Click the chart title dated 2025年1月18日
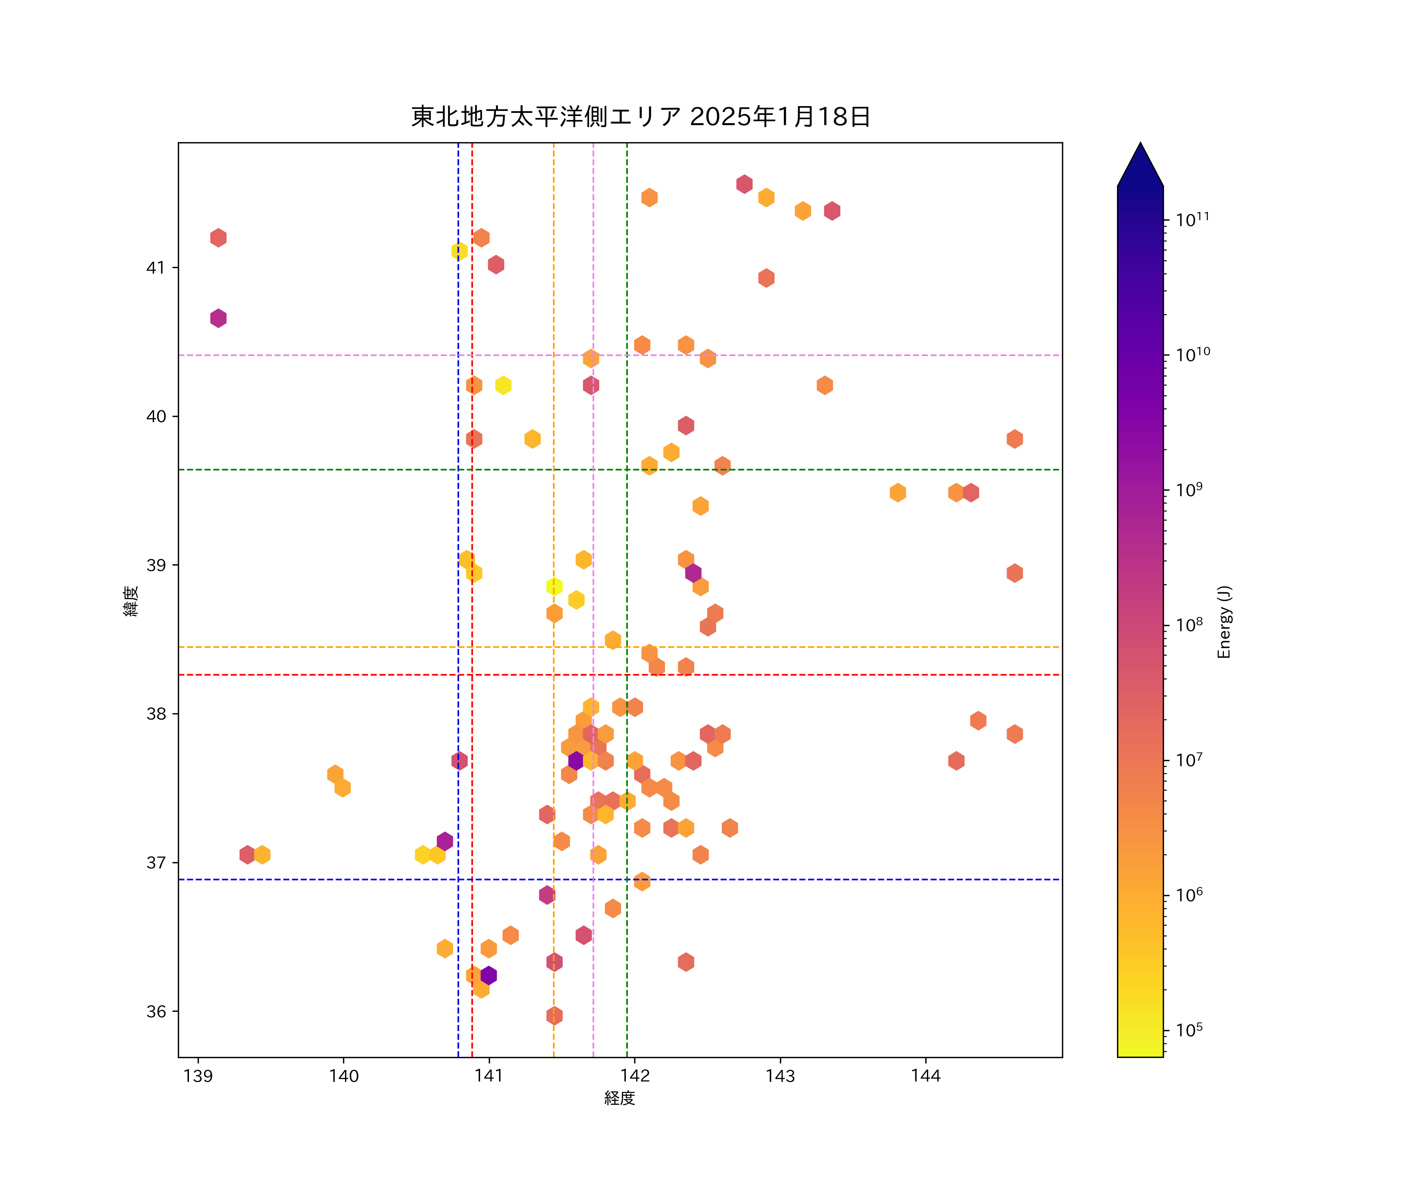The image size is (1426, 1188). pyautogui.click(x=641, y=117)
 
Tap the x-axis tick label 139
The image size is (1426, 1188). pyautogui.click(x=198, y=1076)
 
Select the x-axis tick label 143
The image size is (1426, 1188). pyautogui.click(x=780, y=1076)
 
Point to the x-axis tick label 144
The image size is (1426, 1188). pyautogui.click(x=926, y=1076)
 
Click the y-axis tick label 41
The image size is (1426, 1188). pyautogui.click(x=156, y=267)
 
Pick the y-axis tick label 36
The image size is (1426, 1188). pyautogui.click(x=156, y=1011)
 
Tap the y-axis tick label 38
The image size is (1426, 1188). pyautogui.click(x=156, y=714)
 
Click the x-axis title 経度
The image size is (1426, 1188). pyautogui.click(x=619, y=1098)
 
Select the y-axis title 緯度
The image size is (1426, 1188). pyautogui.click(x=131, y=600)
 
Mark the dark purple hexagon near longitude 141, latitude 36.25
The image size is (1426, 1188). pyautogui.click(x=488, y=975)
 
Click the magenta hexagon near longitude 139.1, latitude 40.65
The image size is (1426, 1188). pyautogui.click(x=218, y=318)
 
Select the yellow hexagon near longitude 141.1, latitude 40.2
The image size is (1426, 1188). pyautogui.click(x=503, y=385)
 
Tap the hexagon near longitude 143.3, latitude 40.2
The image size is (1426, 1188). pyautogui.click(x=824, y=385)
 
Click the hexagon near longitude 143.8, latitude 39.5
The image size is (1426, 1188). pyautogui.click(x=898, y=492)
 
